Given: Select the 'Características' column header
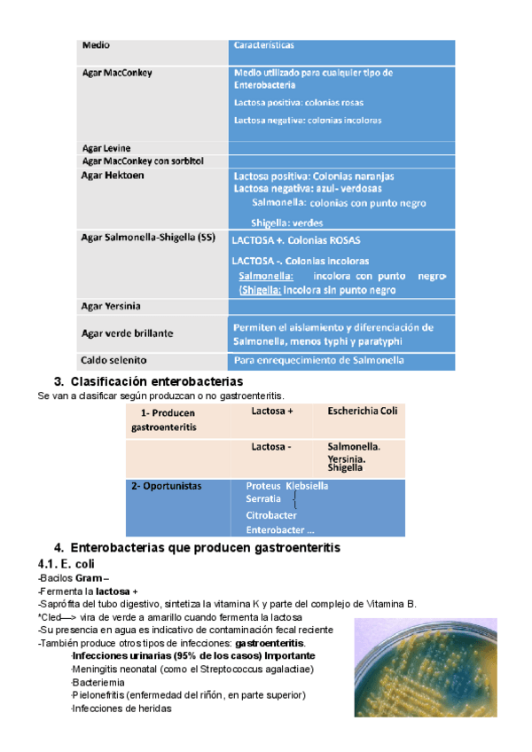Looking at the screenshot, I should click(263, 44).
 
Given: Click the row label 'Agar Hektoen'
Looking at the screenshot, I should click(113, 176).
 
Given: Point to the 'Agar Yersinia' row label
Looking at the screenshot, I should click(111, 306).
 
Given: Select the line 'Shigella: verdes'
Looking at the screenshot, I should click(286, 223).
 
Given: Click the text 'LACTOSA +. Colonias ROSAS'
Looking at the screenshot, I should click(296, 240).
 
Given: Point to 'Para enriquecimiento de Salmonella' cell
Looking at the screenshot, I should click(319, 360).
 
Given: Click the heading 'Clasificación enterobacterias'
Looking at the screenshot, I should click(162, 380).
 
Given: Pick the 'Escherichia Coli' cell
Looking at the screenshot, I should click(363, 411).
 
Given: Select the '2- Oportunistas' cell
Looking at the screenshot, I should click(167, 486).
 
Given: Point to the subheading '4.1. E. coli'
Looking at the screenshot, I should click(74, 564).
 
